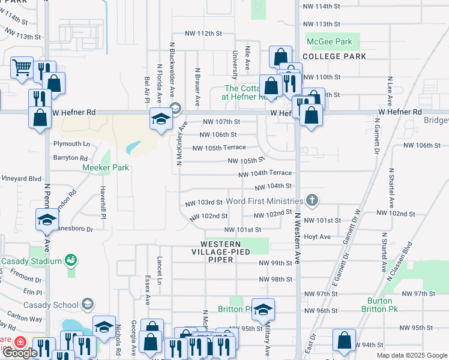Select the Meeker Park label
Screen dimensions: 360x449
tap(106, 168)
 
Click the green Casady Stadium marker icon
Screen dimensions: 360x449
tap(72, 260)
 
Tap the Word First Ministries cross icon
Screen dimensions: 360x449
tap(312, 200)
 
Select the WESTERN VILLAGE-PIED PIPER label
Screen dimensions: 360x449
tap(220, 248)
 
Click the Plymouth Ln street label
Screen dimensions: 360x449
tap(71, 144)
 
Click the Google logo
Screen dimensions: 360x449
tap(20, 352)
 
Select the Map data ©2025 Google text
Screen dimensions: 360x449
tap(412, 355)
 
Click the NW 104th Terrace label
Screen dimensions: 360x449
tap(265, 173)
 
